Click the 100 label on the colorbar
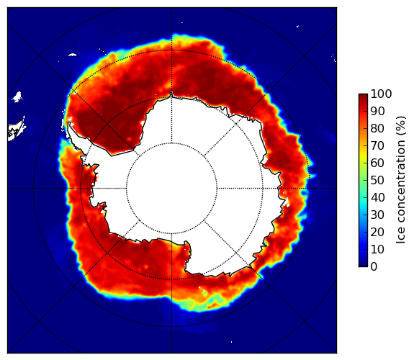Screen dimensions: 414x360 click(381, 94)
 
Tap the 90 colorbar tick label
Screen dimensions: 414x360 click(377, 111)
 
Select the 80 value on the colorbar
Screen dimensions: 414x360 click(377, 128)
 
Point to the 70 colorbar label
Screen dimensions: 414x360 click(377, 145)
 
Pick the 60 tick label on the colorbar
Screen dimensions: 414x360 click(377, 163)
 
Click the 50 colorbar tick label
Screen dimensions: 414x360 click(377, 180)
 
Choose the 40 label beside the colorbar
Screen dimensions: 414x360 click(377, 197)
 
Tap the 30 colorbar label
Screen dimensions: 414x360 click(377, 215)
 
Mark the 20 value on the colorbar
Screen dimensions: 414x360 click(377, 232)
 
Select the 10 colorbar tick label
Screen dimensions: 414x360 click(377, 249)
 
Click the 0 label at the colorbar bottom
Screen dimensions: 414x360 click(374, 266)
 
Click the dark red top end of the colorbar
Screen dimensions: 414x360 click(363, 95)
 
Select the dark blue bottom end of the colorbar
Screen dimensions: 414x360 click(363, 264)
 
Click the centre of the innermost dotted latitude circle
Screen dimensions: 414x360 click(171, 189)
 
